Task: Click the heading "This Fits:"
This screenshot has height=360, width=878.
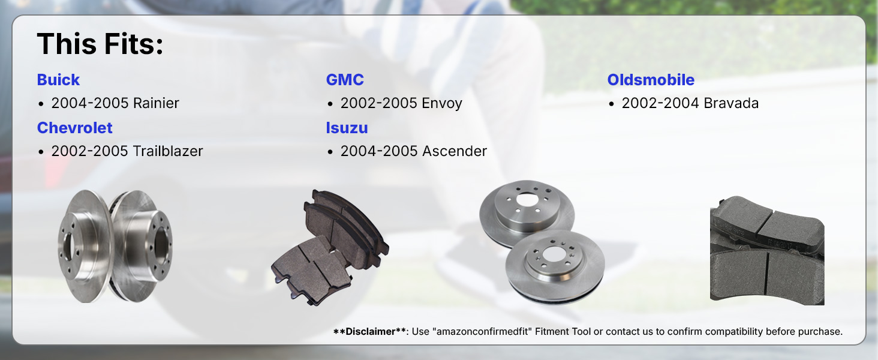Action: (x=100, y=44)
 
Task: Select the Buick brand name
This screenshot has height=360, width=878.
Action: (x=58, y=80)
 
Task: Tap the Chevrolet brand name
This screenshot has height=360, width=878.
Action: (x=75, y=128)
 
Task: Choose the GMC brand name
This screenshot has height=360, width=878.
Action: (x=345, y=80)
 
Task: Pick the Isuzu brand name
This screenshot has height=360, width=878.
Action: (x=347, y=128)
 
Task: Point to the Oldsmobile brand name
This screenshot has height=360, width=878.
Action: (x=651, y=80)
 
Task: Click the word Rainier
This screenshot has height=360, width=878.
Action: (x=156, y=103)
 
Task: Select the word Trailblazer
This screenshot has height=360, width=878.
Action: (x=168, y=151)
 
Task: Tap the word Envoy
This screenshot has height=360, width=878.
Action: (x=442, y=104)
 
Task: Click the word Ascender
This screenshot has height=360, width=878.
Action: (x=454, y=151)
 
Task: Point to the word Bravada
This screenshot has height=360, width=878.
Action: (x=731, y=103)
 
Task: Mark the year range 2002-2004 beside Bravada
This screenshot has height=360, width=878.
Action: (x=660, y=103)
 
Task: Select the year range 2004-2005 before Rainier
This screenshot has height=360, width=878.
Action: (x=90, y=103)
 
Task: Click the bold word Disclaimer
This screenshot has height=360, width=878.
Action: (x=371, y=331)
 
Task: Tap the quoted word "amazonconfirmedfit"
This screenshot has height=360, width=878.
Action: (x=482, y=331)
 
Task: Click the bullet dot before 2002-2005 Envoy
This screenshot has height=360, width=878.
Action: (x=330, y=104)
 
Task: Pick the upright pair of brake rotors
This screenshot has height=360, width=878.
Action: (x=115, y=246)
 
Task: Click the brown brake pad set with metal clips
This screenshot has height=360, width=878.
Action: (x=329, y=247)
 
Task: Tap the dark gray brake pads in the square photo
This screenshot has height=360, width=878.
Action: (x=767, y=250)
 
